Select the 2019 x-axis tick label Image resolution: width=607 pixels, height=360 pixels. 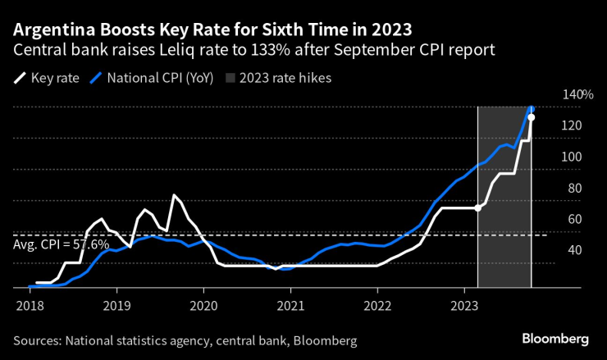pos(116,305)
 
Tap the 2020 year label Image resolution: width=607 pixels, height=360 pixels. pos(203,305)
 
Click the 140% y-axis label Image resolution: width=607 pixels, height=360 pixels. pos(577,94)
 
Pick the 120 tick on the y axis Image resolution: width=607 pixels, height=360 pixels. pos(572,125)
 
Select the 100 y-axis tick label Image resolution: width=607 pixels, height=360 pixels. pos(572,157)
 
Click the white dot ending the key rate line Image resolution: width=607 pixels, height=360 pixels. pos(532,117)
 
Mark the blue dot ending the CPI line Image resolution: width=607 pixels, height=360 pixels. pos(532,108)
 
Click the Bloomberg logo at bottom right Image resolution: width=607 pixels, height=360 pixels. pos(556,339)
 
